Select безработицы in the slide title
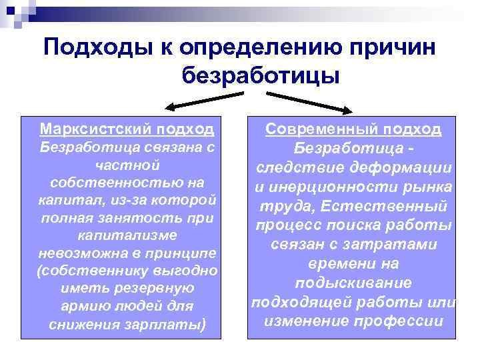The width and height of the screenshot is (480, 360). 261,76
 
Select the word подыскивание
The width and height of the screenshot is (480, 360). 353,283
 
